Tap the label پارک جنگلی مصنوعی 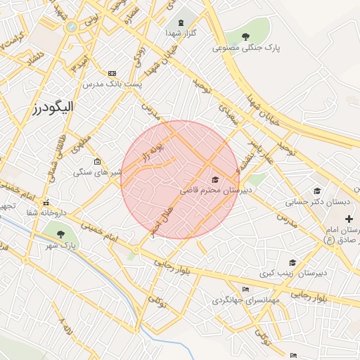pos(246,49)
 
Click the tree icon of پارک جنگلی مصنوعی pos(245,37)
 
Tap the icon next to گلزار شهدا pos(182,23)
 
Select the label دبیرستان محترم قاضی pos(210,190)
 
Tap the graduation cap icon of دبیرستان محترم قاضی pos(214,180)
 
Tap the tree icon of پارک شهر pos(60,233)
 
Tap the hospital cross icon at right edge pos(349,219)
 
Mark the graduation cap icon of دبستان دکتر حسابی pos(317,191)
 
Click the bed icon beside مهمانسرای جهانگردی pos(245,290)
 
